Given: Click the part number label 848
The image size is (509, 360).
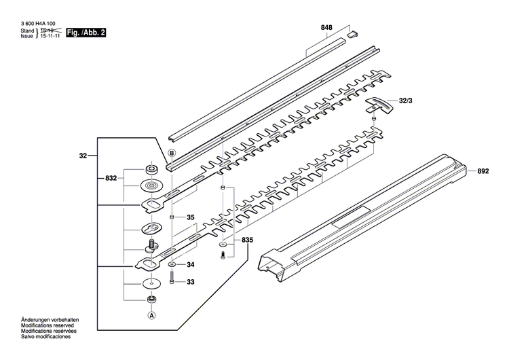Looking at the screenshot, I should tap(326, 28).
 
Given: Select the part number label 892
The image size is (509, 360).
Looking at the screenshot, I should tap(483, 172).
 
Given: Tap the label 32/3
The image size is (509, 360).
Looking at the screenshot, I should tap(407, 101).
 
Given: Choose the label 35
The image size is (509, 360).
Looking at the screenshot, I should tap(190, 218).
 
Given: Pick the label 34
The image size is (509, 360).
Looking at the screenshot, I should tap(190, 264).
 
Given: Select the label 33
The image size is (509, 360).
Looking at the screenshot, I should tap(190, 282).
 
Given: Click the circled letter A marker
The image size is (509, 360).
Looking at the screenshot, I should tap(151, 315).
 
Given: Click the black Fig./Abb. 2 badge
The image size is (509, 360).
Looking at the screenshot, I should tap(86, 33).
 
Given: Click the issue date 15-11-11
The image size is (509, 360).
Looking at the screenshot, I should tap(50, 37).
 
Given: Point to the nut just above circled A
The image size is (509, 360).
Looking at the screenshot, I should tap(151, 299).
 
